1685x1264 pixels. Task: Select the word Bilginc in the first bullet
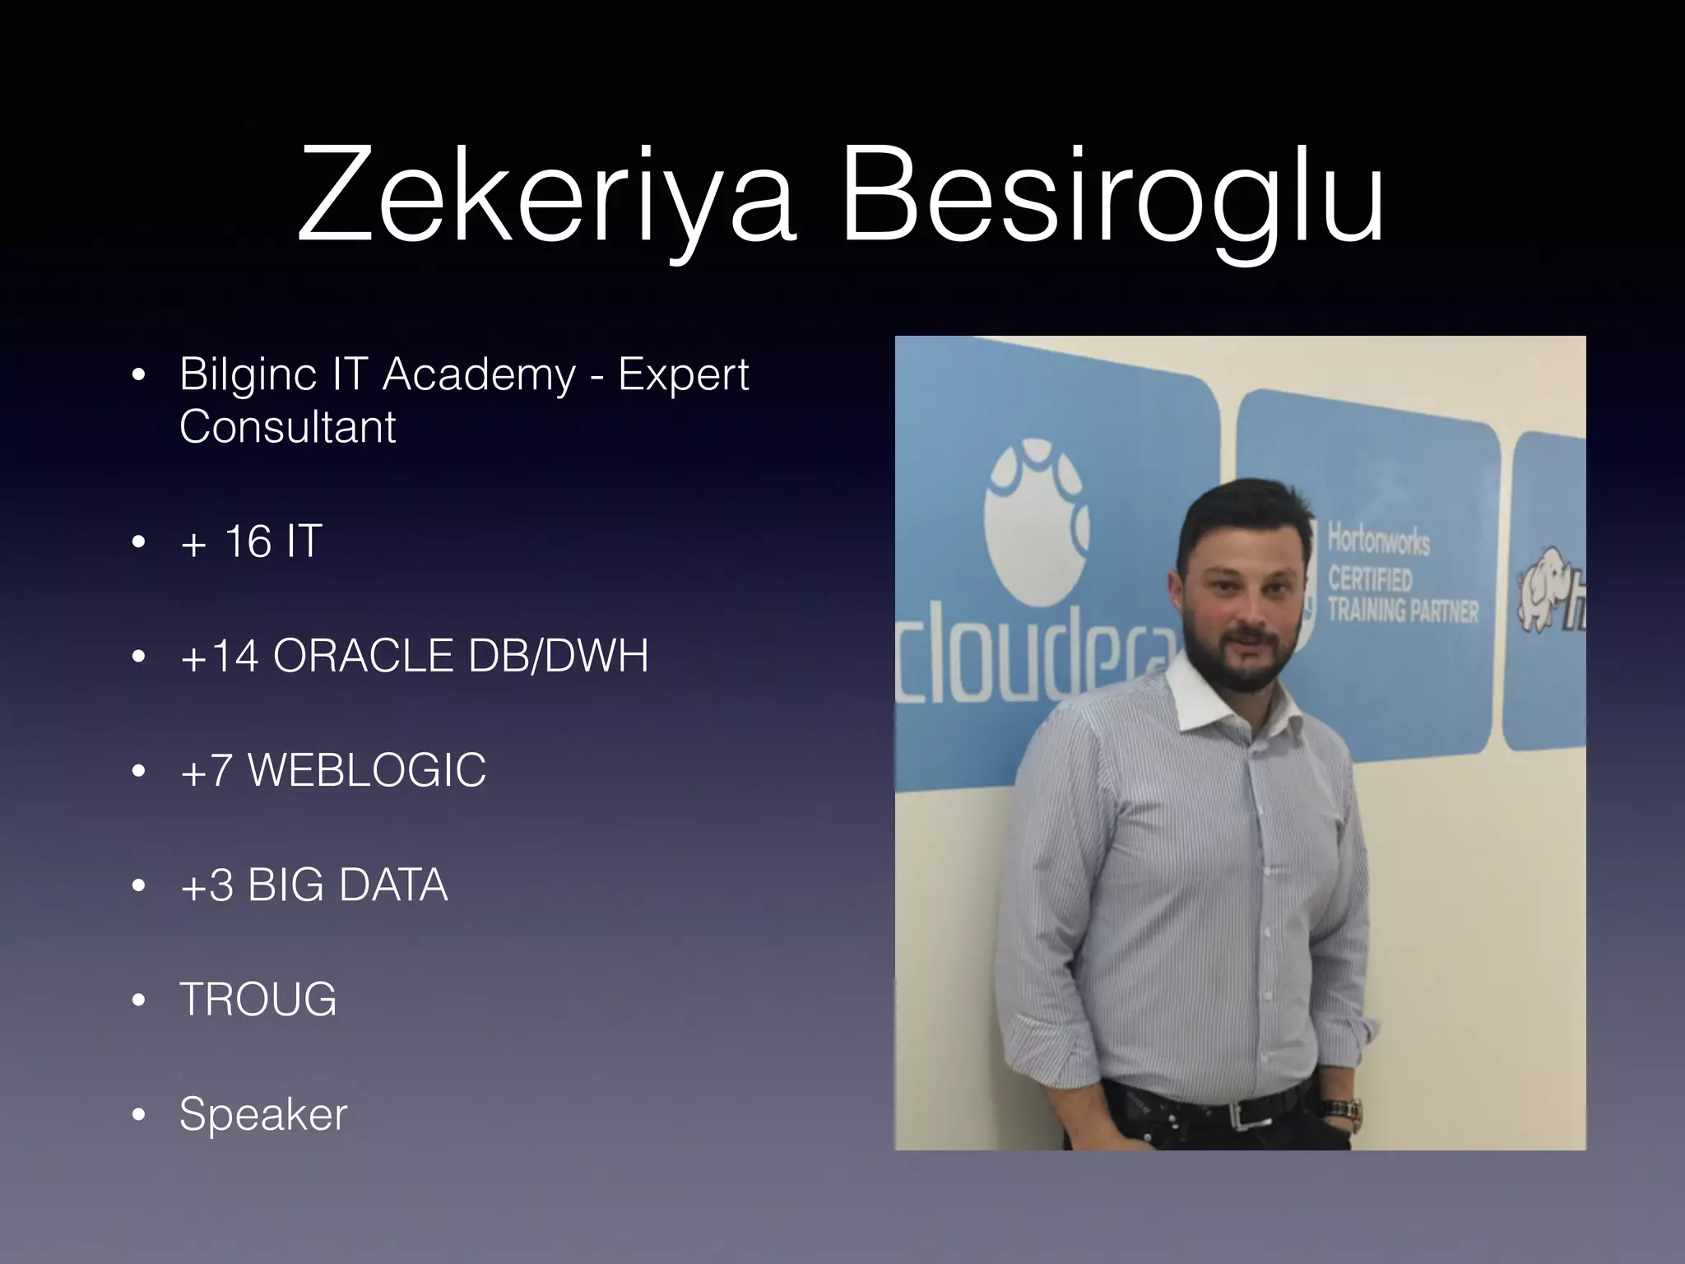tap(248, 375)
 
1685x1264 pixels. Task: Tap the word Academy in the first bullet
tap(479, 375)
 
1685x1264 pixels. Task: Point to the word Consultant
tap(288, 427)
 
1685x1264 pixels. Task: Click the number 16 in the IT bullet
tap(248, 541)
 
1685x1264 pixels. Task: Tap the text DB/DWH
tap(559, 656)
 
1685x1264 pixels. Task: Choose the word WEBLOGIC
tap(367, 770)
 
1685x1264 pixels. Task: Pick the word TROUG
tap(258, 999)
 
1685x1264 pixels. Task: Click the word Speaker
tap(263, 1114)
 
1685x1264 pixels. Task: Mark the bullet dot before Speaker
tap(138, 1115)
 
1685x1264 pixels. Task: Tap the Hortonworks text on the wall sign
tap(1379, 541)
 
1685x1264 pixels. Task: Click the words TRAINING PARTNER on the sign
tap(1402, 611)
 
